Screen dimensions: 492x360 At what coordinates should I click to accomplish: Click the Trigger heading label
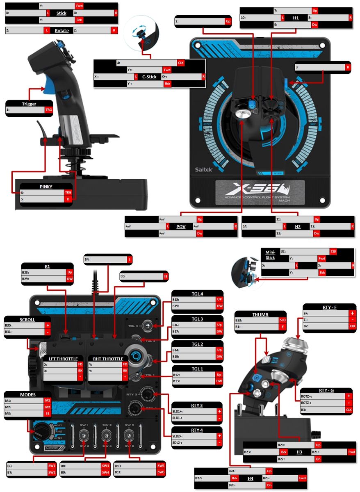click(29, 104)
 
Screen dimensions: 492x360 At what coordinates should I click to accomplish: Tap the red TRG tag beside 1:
click(49, 110)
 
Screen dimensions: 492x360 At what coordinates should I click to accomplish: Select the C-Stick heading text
click(149, 77)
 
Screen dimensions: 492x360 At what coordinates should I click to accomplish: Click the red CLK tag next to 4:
click(181, 63)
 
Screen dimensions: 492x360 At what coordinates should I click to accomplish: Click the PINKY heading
click(46, 187)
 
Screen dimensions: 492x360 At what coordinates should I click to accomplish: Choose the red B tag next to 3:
click(348, 67)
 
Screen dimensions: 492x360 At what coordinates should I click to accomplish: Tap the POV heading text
click(181, 226)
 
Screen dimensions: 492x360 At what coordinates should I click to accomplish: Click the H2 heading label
click(298, 226)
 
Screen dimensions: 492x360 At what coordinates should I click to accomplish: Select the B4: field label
click(87, 260)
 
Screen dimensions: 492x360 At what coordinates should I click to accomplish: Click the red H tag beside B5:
click(166, 277)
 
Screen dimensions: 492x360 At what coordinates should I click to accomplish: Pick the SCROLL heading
click(27, 319)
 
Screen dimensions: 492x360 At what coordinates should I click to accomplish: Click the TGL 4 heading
click(197, 294)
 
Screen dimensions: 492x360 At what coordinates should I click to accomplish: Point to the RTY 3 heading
click(197, 405)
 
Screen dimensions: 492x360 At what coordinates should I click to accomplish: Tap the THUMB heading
click(260, 314)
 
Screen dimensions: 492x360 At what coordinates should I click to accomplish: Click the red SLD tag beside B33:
click(282, 321)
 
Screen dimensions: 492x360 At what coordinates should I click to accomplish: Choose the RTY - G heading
click(326, 390)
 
